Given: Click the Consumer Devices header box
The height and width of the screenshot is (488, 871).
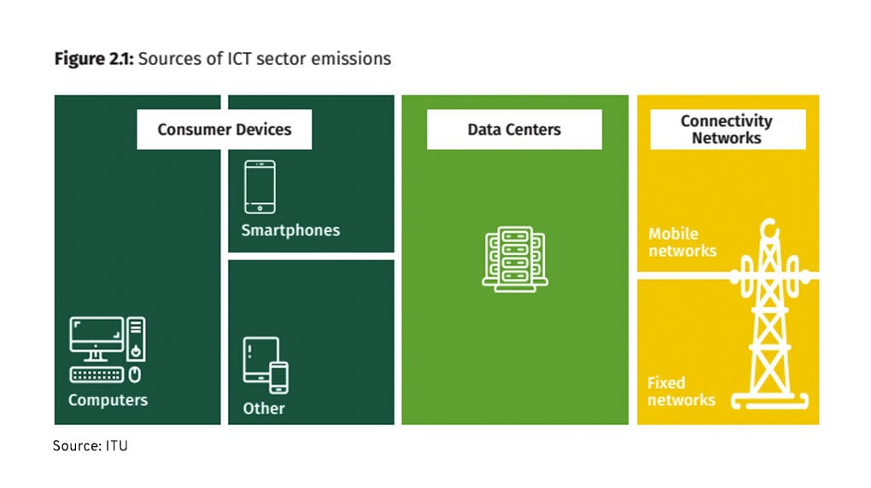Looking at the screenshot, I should point(224,130).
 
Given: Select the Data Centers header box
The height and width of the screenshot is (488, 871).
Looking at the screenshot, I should point(514,130).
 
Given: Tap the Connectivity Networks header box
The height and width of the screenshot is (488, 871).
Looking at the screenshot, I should point(727,130).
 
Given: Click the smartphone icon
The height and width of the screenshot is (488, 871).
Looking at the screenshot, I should point(259,186).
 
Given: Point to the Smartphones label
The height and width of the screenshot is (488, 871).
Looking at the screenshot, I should point(290,230).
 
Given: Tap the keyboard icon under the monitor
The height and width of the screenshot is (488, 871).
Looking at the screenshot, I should point(96,375).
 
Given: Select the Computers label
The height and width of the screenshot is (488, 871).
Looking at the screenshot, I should point(108,400).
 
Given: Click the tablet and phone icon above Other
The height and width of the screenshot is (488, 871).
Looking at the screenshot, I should point(266,364).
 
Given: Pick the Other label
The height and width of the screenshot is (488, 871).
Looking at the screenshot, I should point(264,409).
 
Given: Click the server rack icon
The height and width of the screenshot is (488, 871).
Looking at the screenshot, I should point(514,257).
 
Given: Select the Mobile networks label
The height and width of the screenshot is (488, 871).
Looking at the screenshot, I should point(681,242).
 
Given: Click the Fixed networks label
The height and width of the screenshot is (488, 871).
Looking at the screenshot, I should point(681,391).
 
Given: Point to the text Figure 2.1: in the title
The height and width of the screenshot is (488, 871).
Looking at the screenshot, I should point(93,59).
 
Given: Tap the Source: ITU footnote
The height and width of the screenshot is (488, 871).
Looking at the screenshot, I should point(90,445).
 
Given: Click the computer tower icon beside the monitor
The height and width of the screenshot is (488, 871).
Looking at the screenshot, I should point(137,340).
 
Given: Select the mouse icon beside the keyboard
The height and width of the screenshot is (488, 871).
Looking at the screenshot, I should point(135,375).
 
